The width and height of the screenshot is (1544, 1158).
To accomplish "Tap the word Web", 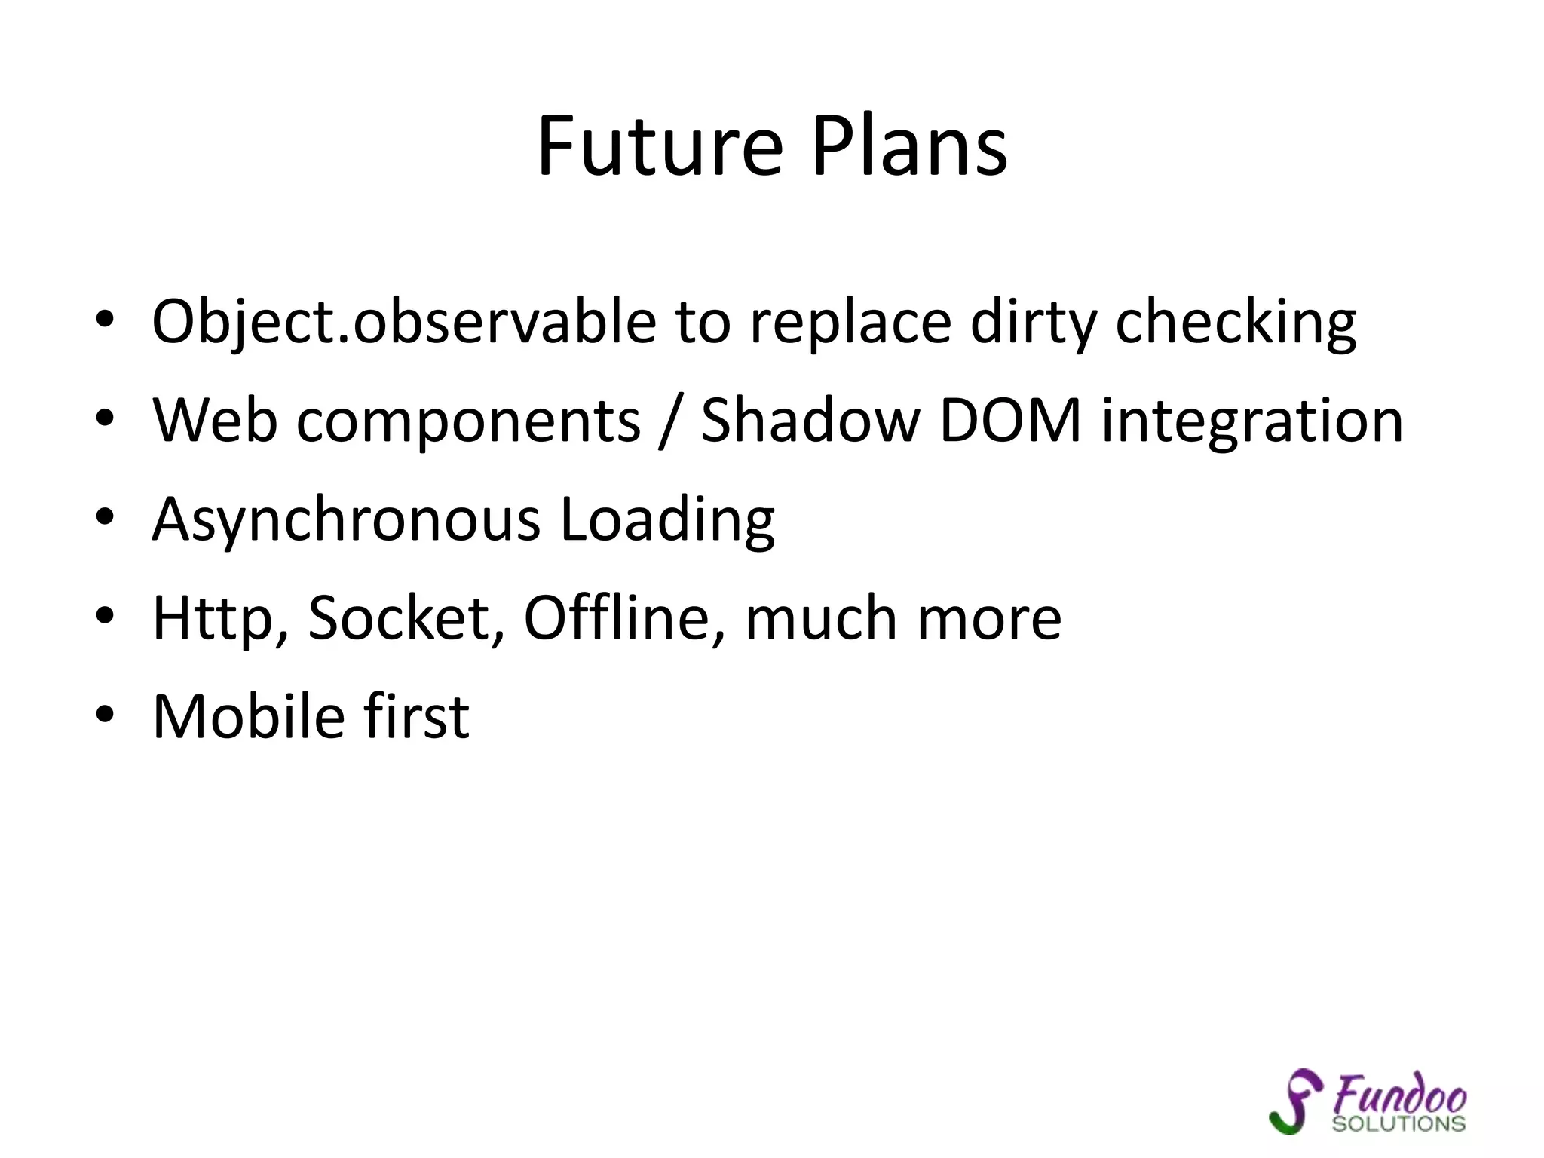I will (215, 420).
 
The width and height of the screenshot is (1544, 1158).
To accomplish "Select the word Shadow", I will (810, 420).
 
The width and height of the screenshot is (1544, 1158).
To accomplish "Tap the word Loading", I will (667, 520).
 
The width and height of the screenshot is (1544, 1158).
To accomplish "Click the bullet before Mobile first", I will (105, 714).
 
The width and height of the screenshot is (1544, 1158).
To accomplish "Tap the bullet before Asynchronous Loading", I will (105, 517).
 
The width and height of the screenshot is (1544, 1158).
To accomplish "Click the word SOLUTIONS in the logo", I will (1399, 1124).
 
